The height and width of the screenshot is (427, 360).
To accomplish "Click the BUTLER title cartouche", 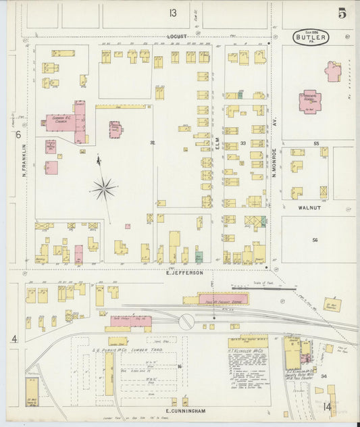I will [311, 37].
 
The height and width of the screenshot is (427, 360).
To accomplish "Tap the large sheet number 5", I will [343, 13].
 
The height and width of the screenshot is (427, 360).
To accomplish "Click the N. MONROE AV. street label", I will [276, 163].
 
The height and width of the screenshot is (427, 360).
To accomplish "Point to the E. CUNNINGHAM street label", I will [184, 410].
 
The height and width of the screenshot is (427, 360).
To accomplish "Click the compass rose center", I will [103, 189].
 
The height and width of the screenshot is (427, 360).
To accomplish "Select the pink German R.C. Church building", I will [64, 122].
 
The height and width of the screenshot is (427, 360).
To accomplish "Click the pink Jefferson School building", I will [310, 101].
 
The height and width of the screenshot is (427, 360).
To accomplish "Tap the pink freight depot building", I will [222, 299].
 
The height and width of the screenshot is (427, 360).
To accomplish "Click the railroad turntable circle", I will [186, 322].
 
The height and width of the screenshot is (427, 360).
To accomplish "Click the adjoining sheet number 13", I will [173, 13].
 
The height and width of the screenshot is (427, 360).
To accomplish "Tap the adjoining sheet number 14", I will [328, 407].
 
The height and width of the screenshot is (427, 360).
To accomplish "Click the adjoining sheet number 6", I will [18, 135].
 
